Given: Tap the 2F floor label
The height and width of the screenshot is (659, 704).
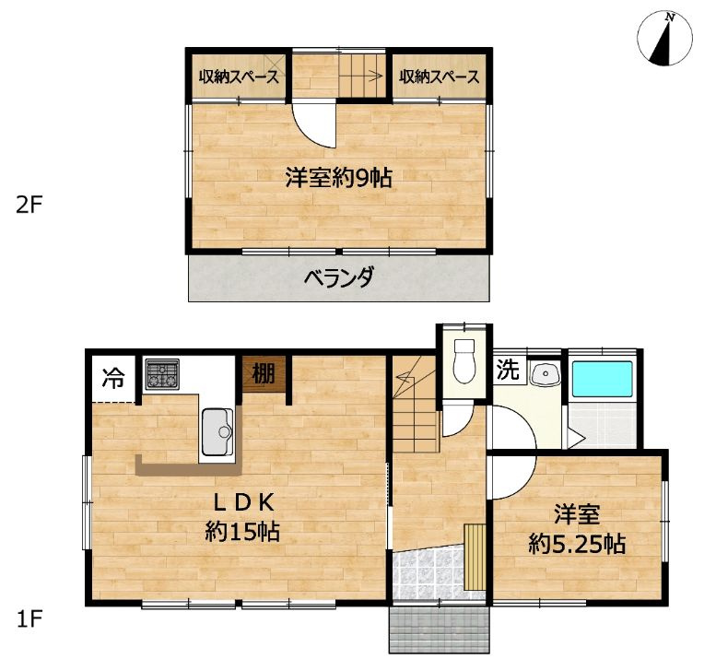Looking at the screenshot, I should (30, 205).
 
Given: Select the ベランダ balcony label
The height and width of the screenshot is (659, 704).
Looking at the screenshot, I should (338, 277).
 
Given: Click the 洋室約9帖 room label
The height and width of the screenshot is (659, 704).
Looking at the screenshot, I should (338, 178).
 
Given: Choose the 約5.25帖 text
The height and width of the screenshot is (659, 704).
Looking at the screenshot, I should (578, 544).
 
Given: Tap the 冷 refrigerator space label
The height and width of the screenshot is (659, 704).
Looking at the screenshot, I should (112, 378).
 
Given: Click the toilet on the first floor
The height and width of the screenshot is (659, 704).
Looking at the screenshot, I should (463, 360).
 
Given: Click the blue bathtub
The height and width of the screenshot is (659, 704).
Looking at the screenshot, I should (602, 381).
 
